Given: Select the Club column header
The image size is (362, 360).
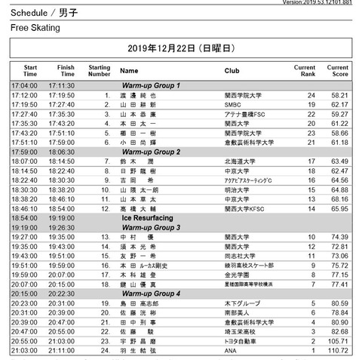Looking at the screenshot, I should tap(232, 70).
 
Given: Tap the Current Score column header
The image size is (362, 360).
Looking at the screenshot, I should tap(337, 70).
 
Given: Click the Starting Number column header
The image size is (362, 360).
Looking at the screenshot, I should tap(100, 70).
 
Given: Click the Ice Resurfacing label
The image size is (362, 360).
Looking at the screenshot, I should tap(152, 217).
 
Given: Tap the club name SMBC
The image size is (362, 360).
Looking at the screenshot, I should tap(233, 105).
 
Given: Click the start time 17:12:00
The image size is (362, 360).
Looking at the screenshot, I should tap(24, 96).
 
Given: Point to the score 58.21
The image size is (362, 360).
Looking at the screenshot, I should tap(339, 96).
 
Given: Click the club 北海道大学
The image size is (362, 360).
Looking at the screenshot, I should tap(241, 161).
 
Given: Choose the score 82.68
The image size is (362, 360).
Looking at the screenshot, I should tap(339, 331).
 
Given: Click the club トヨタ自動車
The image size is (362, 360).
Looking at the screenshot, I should tap(242, 341).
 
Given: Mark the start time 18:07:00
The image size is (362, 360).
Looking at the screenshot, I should tap(24, 161).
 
